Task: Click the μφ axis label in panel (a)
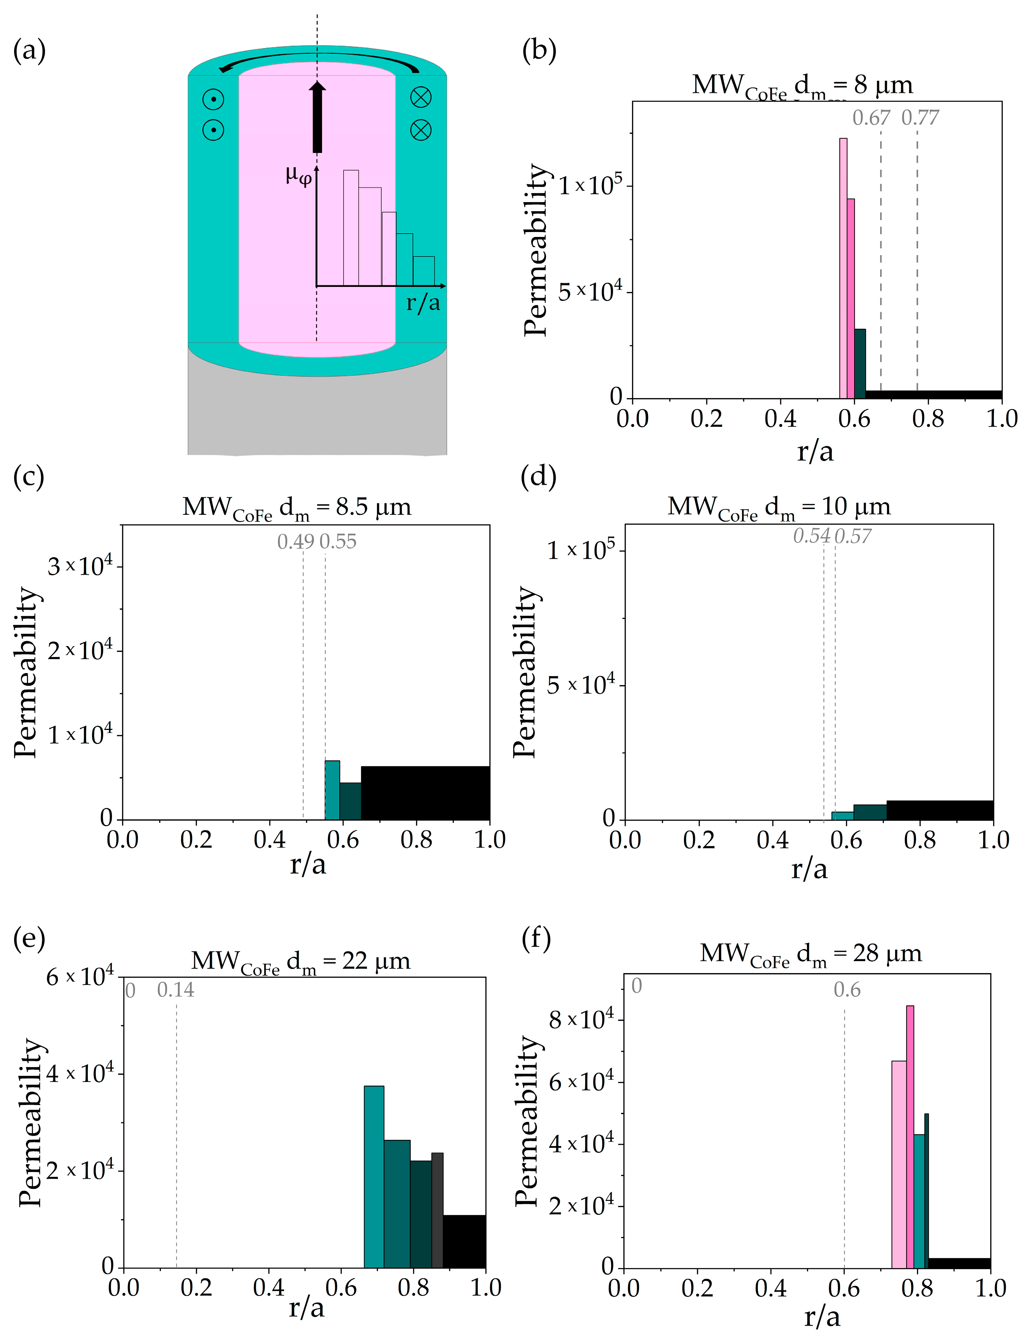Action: coord(299,176)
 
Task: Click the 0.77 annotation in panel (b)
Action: coord(920,117)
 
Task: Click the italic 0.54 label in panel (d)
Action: coord(812,536)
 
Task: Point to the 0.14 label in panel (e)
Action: coord(176,990)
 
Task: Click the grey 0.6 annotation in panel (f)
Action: coord(847,990)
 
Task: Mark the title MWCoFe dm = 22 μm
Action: coord(300,961)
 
